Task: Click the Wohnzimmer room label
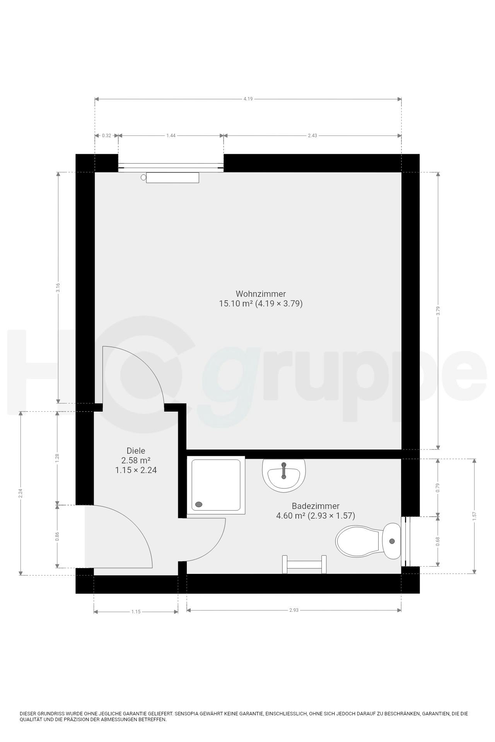point(261,294)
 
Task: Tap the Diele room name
point(136,451)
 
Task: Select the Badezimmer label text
point(316,506)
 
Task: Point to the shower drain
point(200,504)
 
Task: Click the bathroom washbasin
point(284,475)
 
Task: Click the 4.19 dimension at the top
point(248,99)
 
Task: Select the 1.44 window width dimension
point(171,136)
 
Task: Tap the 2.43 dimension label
point(312,136)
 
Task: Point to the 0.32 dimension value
point(106,136)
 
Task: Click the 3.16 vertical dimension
point(58,288)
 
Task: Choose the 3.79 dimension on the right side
point(438,311)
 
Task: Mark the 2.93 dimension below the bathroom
point(294,610)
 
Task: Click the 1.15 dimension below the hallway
point(136,612)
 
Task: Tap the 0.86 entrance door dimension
point(58,536)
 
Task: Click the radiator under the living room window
point(172,178)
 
